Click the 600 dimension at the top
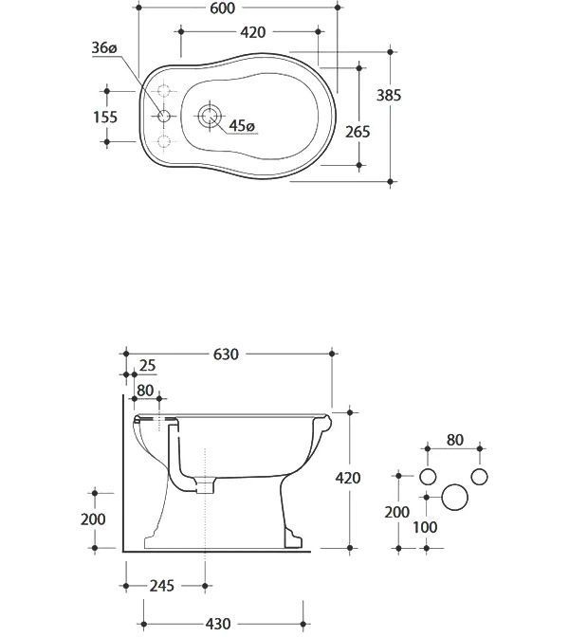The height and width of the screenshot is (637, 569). (222, 9)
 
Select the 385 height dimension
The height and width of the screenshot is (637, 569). (389, 95)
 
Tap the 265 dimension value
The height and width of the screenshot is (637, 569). (358, 132)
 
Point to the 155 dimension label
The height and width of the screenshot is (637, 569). (105, 117)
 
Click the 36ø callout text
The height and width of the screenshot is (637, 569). (104, 47)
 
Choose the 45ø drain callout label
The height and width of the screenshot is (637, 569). (242, 126)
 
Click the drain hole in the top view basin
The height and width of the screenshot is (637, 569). (210, 116)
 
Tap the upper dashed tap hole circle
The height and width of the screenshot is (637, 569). (164, 90)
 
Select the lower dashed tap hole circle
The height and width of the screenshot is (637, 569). (164, 142)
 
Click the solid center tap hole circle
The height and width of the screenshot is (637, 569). (164, 117)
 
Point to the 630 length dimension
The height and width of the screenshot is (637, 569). (226, 355)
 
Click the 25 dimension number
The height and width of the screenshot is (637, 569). (147, 366)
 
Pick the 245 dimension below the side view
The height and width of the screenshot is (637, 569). (162, 586)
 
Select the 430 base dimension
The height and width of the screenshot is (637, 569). (218, 624)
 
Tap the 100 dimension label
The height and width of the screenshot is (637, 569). (425, 527)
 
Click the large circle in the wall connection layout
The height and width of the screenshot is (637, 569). (455, 498)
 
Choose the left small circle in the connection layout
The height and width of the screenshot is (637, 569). (428, 477)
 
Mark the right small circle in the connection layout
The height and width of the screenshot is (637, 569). (480, 477)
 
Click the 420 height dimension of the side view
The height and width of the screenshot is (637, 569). (348, 478)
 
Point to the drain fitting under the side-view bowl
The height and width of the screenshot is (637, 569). (205, 485)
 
